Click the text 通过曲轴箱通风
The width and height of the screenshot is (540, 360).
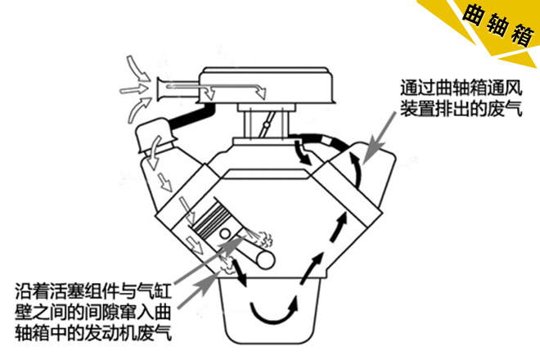point(461,88)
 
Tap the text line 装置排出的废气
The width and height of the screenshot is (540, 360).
point(461,109)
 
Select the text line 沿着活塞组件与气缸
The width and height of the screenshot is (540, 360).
point(93,291)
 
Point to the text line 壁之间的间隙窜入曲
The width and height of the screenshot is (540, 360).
point(93,312)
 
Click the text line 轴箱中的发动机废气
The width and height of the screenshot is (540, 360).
point(93,333)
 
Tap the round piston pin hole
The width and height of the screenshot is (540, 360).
point(225,233)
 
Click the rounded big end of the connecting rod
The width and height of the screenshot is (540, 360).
point(264,259)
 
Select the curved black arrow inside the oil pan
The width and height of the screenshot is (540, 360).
point(274,313)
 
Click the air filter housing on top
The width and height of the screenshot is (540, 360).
point(267,85)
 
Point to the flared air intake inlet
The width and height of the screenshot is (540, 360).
point(161,89)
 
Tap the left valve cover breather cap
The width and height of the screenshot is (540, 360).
point(155,134)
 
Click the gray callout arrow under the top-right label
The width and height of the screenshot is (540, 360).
point(380,137)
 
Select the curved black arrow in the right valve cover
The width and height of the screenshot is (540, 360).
point(358,169)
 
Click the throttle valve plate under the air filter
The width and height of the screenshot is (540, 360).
point(266,124)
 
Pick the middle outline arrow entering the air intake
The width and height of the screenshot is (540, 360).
point(134,89)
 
